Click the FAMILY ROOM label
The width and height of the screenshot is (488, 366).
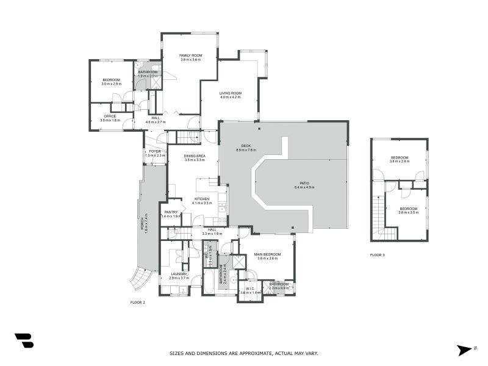(x=191, y=56)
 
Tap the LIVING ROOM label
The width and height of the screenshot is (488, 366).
(x=230, y=93)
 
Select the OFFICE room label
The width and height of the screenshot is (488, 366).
(x=110, y=116)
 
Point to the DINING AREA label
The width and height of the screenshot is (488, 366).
(x=194, y=156)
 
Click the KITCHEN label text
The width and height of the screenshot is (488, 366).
(x=202, y=199)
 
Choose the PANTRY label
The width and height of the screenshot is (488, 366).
(x=171, y=212)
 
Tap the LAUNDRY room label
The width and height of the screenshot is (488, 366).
(x=179, y=274)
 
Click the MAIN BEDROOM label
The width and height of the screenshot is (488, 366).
(x=268, y=254)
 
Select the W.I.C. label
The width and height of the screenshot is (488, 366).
(x=250, y=289)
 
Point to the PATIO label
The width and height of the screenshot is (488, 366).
(x=304, y=183)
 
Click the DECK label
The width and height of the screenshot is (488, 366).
(x=246, y=146)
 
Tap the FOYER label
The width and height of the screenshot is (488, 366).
(x=155, y=151)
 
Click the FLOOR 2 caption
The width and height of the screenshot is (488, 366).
(x=138, y=302)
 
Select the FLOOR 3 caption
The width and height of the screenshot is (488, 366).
(x=378, y=255)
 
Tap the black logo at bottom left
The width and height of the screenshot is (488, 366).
(x=24, y=340)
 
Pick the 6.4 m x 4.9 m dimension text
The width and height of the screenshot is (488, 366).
(x=304, y=187)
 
